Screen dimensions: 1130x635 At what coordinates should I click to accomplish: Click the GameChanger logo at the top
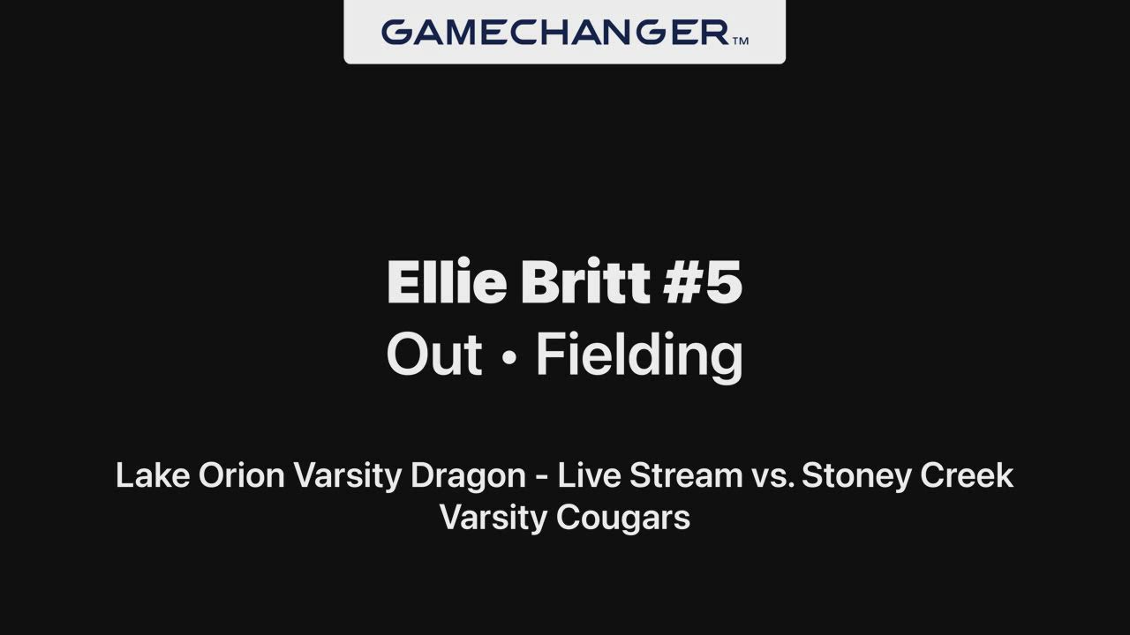[555, 33]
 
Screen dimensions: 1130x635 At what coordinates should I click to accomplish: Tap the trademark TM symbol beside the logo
[740, 41]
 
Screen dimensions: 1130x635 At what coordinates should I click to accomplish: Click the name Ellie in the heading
[447, 281]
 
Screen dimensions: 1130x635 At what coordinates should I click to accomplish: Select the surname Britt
[585, 281]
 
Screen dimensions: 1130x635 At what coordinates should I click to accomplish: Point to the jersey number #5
[703, 281]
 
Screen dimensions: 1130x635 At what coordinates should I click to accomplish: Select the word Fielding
[639, 357]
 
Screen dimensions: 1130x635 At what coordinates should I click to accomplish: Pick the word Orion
[242, 475]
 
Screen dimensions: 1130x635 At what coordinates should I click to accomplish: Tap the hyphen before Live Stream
[542, 478]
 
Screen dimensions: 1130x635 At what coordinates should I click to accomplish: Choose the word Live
[589, 475]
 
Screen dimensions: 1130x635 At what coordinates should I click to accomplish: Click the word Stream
[686, 475]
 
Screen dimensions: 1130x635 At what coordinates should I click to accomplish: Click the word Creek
[967, 475]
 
